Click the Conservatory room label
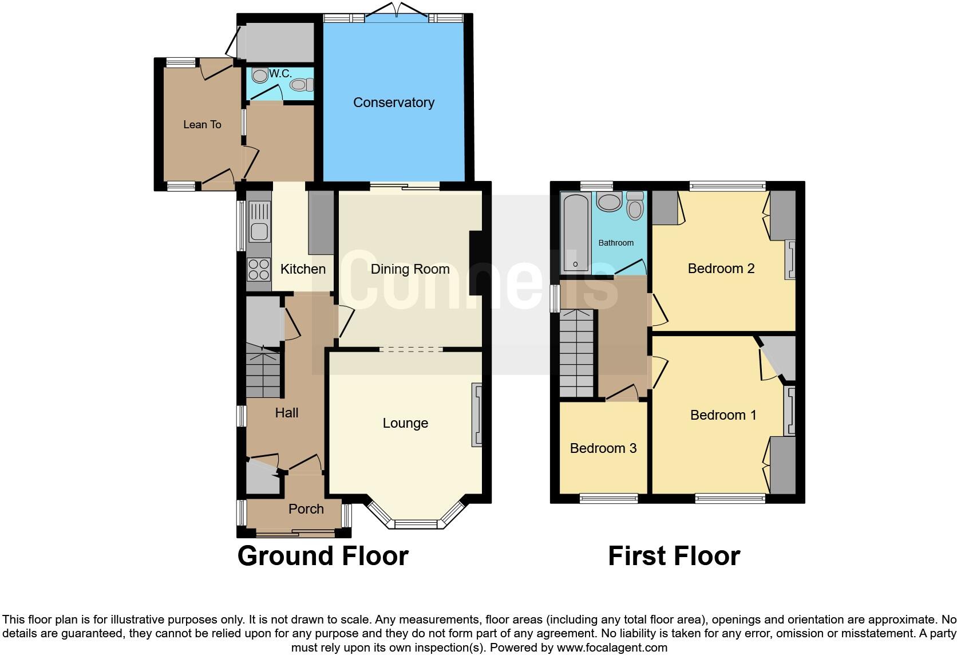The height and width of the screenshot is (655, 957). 394,102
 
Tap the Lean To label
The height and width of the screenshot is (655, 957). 202,124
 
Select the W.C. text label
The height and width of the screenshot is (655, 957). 280,73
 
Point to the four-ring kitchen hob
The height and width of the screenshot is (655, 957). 259,269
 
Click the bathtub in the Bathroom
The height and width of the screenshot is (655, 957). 576,232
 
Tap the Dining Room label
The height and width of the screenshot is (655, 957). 410,269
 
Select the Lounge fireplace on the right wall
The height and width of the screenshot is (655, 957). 476,415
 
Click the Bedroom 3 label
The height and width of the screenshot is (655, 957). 603,448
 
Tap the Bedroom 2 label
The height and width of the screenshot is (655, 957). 721,269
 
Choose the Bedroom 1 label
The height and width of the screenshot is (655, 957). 723,415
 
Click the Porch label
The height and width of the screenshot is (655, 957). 306,509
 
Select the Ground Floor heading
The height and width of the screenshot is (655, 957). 323,556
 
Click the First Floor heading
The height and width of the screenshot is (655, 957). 674,556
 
